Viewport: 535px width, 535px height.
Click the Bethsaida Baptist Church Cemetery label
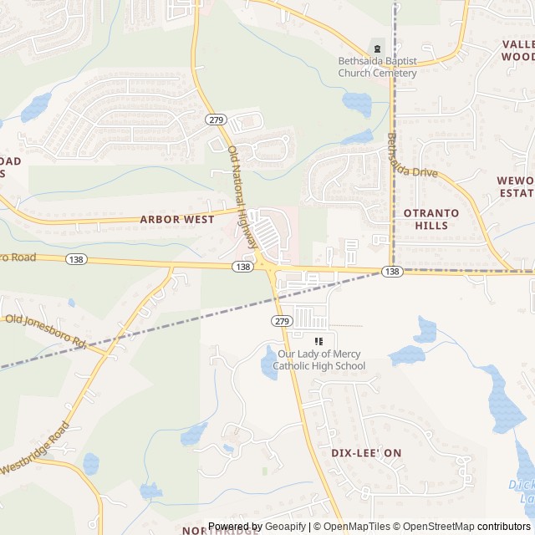point(377,67)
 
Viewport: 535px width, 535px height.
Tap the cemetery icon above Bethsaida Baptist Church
point(377,47)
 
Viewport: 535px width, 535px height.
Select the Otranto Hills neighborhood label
point(431,219)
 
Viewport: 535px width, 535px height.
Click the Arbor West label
point(177,219)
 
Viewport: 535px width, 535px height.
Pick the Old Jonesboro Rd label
point(46,330)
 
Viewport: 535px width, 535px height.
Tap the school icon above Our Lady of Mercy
point(318,341)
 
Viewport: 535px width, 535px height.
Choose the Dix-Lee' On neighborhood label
point(366,452)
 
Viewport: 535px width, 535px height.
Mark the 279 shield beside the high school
point(281,321)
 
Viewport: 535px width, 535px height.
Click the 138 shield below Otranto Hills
point(392,272)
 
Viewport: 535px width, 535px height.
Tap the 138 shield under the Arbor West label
point(242,266)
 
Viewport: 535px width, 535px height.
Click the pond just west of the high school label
point(269,363)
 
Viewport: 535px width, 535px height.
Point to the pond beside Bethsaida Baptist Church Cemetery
point(357,103)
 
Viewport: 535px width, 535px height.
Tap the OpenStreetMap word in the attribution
point(440,527)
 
